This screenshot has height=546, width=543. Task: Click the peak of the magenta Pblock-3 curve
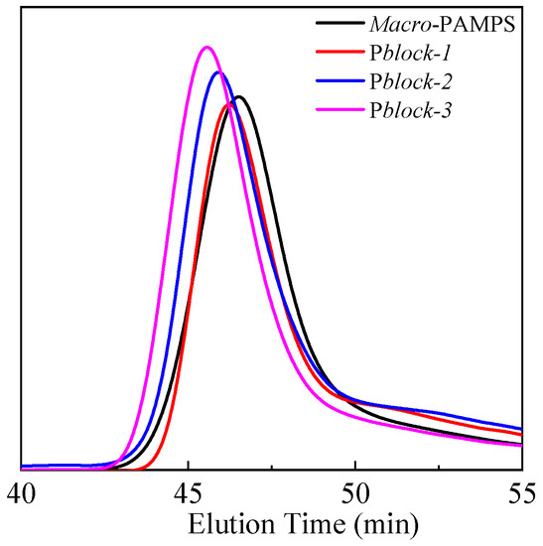tap(205, 47)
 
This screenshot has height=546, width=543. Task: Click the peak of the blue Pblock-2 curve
tap(218, 72)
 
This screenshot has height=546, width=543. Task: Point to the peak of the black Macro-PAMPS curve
tap(238, 96)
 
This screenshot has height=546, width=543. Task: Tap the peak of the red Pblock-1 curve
tap(230, 102)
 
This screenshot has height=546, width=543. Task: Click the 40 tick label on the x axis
tap(21, 494)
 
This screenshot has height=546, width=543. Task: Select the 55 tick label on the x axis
tap(521, 494)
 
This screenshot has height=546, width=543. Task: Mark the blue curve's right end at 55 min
tap(521, 428)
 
